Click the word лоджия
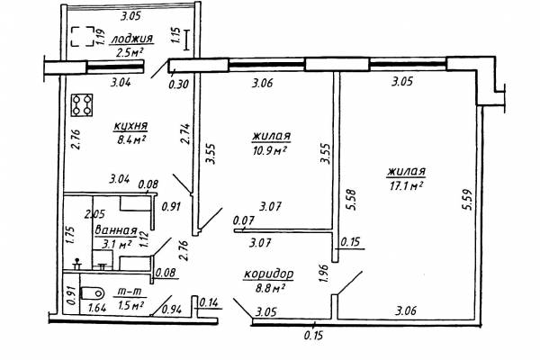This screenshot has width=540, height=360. pyautogui.click(x=131, y=39)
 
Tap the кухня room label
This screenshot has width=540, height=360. pyautogui.click(x=130, y=126)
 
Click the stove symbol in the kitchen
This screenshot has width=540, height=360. pyautogui.click(x=82, y=105)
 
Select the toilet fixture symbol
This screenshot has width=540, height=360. pyautogui.click(x=93, y=293)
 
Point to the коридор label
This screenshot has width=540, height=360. pyautogui.click(x=269, y=274)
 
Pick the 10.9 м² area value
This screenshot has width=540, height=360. pyautogui.click(x=270, y=151)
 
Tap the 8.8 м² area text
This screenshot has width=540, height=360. pyautogui.click(x=269, y=288)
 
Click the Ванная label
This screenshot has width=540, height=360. pyautogui.click(x=116, y=230)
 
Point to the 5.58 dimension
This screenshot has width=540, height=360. pyautogui.click(x=352, y=199)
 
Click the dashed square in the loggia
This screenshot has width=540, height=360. pyautogui.click(x=83, y=36)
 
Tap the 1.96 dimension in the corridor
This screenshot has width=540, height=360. pyautogui.click(x=324, y=273)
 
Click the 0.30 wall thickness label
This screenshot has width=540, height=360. pyautogui.click(x=179, y=84)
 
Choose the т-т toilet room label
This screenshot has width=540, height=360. pyautogui.click(x=129, y=292)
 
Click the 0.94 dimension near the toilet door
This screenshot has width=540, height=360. pyautogui.click(x=172, y=310)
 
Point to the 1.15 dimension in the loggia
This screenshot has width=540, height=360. pyautogui.click(x=175, y=35)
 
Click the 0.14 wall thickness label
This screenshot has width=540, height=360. pyautogui.click(x=209, y=302)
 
